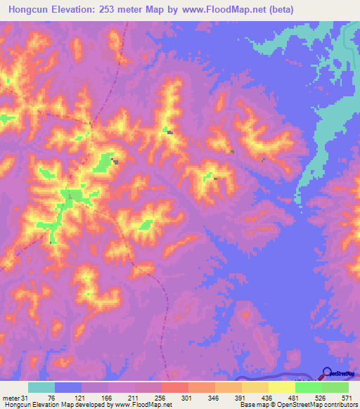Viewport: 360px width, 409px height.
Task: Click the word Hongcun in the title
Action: tap(31, 10)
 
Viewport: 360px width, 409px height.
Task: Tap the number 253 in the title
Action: tap(115, 10)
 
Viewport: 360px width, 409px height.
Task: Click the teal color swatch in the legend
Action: tap(41, 387)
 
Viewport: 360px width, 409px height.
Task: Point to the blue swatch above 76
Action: tap(68, 387)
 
